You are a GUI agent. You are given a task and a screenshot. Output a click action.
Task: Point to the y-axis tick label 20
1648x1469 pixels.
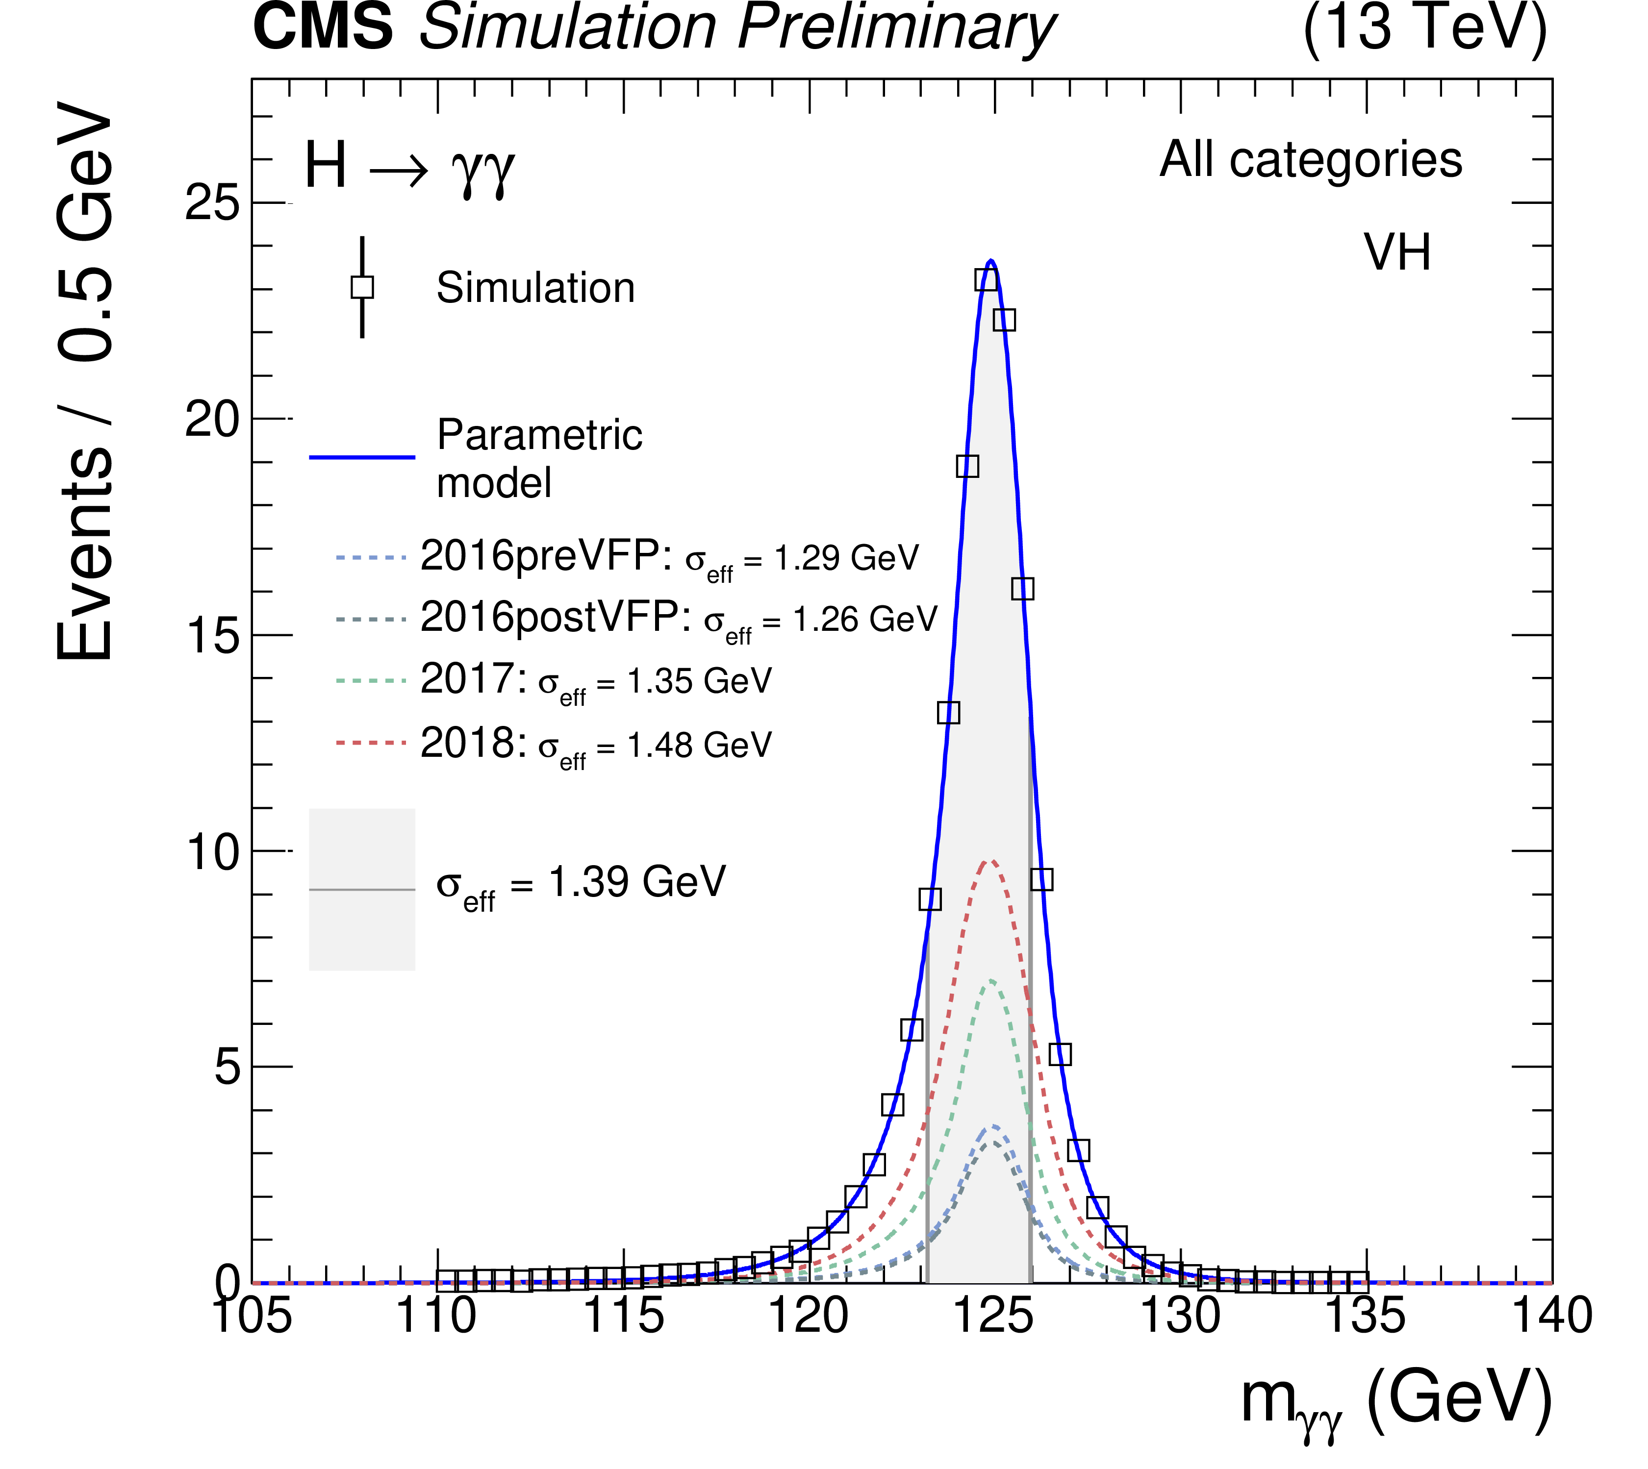pos(213,419)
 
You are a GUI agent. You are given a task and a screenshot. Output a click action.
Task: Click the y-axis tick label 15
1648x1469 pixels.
pos(213,635)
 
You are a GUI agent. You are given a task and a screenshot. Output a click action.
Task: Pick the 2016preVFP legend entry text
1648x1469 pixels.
pos(669,557)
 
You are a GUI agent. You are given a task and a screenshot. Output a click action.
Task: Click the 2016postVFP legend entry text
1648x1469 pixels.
pos(678,619)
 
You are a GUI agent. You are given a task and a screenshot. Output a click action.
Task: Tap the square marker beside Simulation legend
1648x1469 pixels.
pos(362,287)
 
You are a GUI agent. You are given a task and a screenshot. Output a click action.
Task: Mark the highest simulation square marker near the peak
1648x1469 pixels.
pos(986,280)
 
